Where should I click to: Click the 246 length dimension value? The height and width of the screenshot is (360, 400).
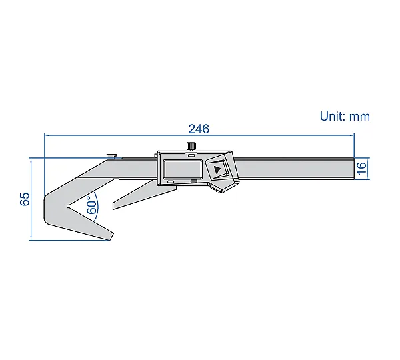point(199,129)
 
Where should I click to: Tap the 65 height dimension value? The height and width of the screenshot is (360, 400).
point(25,199)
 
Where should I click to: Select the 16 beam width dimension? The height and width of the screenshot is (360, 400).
point(361,169)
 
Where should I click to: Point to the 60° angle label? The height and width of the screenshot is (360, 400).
point(92,205)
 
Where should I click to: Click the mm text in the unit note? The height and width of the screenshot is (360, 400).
point(359,117)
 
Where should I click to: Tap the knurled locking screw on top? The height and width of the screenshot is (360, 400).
point(191,146)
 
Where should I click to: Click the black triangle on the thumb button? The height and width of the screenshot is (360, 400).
point(217,170)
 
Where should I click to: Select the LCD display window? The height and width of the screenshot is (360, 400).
point(183,169)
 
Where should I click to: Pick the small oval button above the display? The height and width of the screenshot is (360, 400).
point(191,155)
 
